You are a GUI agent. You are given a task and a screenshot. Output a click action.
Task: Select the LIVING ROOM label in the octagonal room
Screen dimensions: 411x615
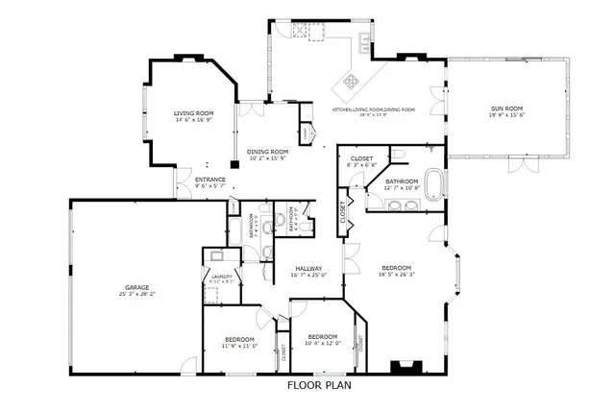[193, 113]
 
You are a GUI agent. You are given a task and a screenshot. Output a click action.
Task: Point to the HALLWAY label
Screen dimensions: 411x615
[307, 269]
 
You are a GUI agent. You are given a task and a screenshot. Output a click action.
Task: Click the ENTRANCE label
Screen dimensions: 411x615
[210, 180]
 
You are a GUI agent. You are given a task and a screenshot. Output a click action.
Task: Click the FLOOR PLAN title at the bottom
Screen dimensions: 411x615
[320, 386]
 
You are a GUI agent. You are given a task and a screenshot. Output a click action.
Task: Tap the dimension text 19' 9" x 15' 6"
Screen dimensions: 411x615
[507, 120]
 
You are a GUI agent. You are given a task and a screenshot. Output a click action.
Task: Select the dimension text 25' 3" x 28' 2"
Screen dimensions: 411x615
[135, 295]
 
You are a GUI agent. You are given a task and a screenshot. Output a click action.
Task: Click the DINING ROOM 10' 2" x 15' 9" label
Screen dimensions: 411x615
[268, 155]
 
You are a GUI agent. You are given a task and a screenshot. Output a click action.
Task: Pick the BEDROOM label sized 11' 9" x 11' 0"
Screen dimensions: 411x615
[238, 340]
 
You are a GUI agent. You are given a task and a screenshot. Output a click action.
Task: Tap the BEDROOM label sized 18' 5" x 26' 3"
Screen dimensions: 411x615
[396, 268]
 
